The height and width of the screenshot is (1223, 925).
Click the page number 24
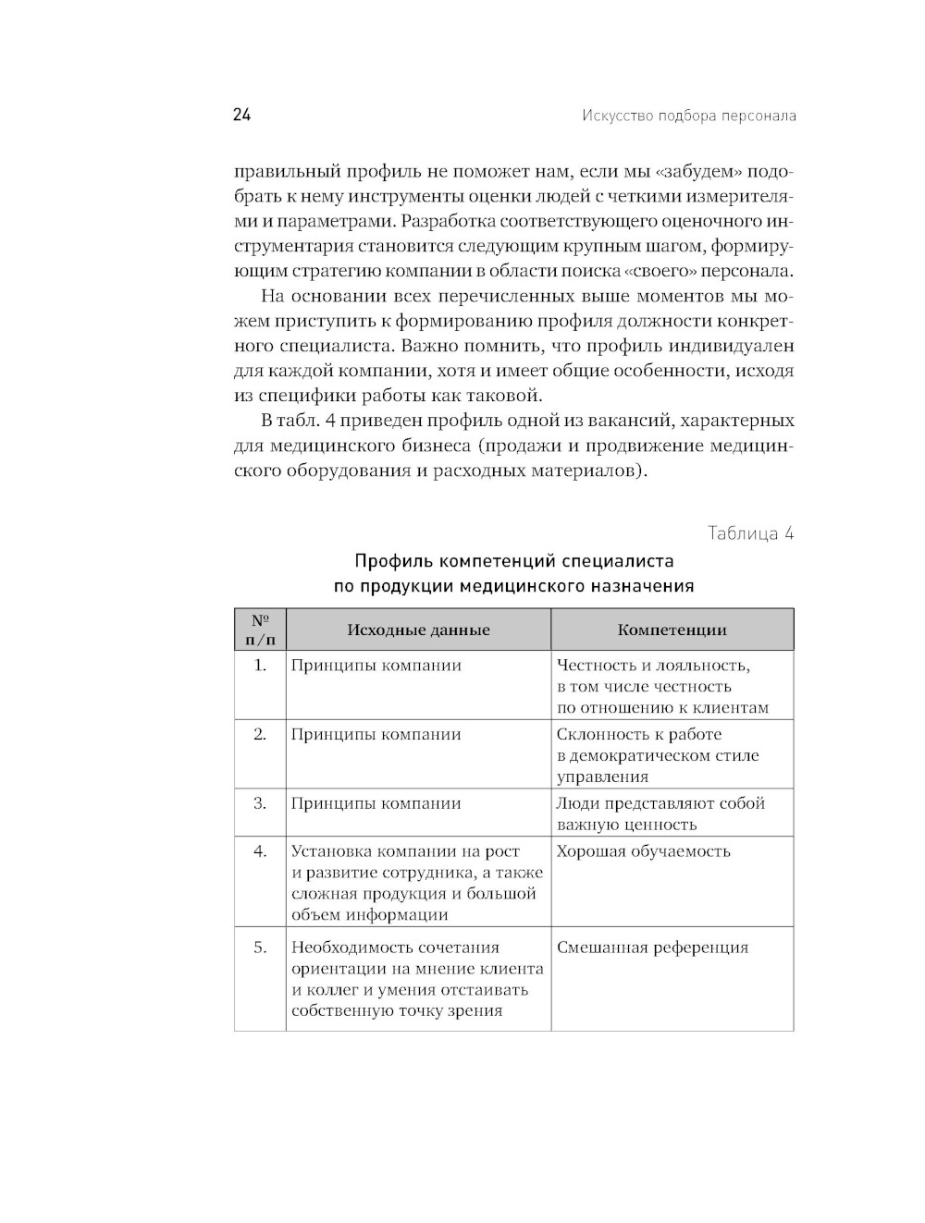pos(242,115)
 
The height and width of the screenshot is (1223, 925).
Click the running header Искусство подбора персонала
pos(689,116)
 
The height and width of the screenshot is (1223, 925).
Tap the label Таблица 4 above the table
pos(750,533)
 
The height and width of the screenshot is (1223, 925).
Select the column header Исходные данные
pos(418,630)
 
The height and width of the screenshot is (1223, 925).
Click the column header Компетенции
pos(672,630)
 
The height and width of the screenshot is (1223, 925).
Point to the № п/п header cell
pos(260,630)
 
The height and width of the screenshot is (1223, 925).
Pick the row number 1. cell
pos(260,666)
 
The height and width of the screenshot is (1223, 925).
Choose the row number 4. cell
pos(260,851)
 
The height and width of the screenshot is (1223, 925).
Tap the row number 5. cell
pos(260,948)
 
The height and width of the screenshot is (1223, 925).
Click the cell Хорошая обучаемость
pos(643,851)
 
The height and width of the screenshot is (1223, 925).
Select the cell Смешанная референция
pos(652,948)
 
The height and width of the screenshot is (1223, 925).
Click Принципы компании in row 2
pos(376,735)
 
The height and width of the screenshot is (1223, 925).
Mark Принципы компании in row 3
pos(376,803)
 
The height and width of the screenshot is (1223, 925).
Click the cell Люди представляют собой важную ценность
pos(660,813)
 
